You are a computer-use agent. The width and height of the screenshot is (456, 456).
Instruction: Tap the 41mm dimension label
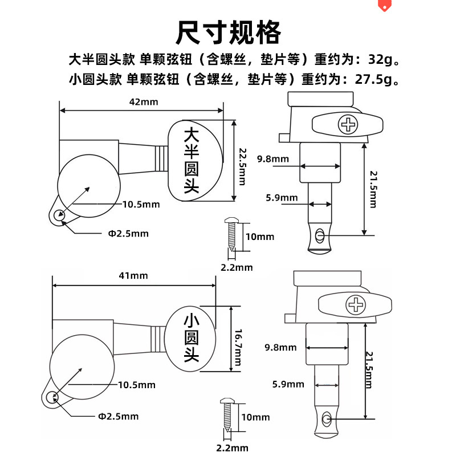click(x=134, y=275)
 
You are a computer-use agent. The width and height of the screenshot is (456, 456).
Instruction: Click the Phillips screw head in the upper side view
click(x=347, y=124)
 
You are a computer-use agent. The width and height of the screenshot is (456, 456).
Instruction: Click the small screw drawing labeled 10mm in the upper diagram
click(x=232, y=233)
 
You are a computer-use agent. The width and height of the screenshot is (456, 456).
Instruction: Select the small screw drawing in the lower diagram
click(x=225, y=414)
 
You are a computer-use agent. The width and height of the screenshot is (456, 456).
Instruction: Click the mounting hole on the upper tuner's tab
click(x=58, y=216)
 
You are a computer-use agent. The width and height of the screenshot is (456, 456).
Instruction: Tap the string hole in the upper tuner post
click(x=320, y=235)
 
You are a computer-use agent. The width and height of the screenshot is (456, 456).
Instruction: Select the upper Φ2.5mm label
click(x=128, y=233)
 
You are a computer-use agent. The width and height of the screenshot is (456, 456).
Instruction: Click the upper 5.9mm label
click(x=281, y=198)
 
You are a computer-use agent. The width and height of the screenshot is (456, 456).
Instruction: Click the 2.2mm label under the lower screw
click(x=232, y=447)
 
